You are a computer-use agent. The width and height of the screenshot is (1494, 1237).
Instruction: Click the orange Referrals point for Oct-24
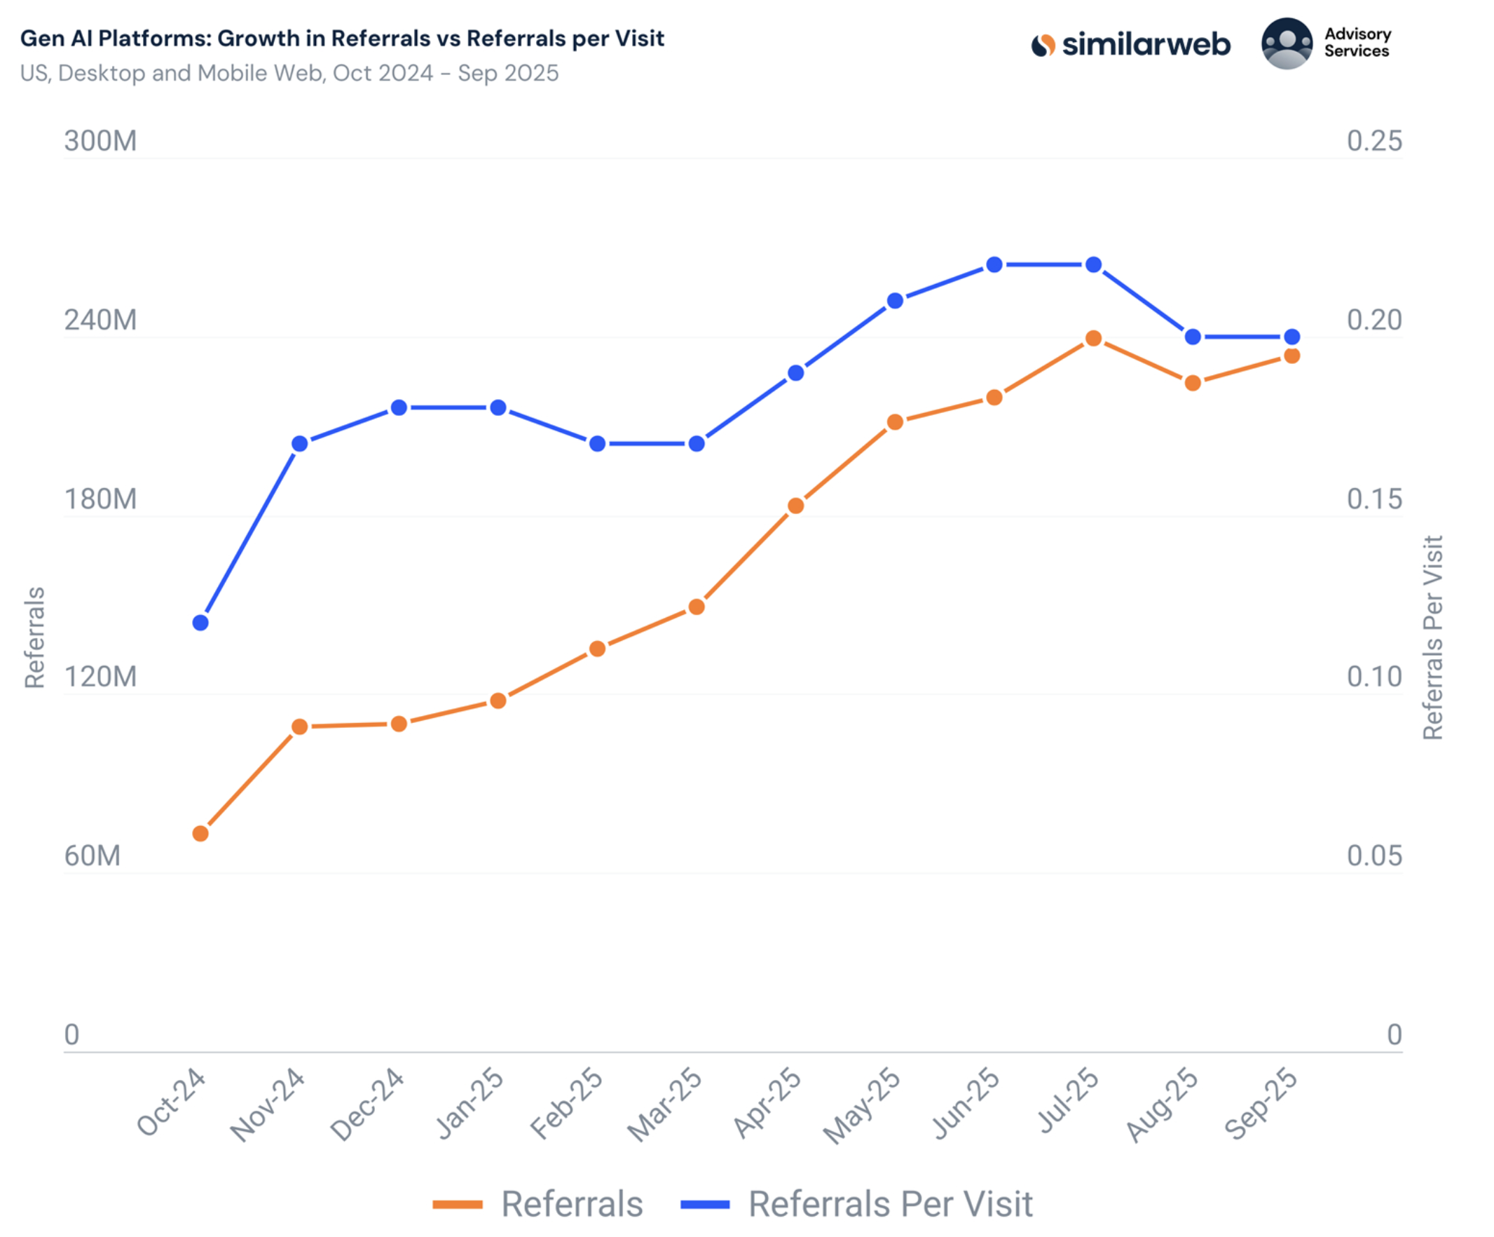click(200, 834)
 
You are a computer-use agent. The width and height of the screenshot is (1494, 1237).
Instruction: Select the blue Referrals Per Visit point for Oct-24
click(200, 623)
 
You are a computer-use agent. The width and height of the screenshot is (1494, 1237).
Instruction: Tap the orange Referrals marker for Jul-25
click(1093, 338)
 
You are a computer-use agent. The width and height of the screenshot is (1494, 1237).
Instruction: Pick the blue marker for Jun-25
click(994, 265)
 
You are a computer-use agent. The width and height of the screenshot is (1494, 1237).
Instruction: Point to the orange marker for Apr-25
click(796, 506)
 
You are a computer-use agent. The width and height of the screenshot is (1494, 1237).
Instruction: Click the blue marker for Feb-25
click(598, 443)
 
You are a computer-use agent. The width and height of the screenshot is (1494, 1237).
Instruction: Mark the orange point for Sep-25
click(1292, 356)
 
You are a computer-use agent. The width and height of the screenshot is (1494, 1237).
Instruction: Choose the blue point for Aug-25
click(1193, 337)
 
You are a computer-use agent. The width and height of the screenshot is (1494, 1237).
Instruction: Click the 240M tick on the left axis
click(100, 320)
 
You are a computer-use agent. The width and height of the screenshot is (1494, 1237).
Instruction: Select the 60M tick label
click(92, 856)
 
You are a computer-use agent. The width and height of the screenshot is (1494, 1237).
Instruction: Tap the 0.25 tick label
click(1374, 141)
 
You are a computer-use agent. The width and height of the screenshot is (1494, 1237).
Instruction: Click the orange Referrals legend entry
click(538, 1204)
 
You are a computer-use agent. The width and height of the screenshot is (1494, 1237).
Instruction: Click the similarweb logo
click(1130, 45)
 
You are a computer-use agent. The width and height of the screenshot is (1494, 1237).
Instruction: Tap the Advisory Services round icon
click(1287, 44)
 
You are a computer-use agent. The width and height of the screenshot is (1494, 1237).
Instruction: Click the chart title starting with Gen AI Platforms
click(342, 39)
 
